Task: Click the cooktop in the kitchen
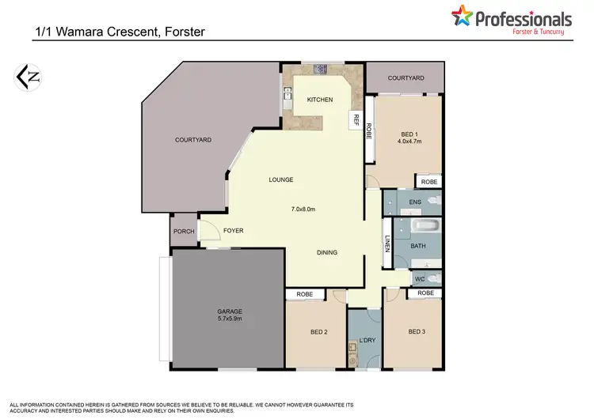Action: pyautogui.click(x=322, y=70)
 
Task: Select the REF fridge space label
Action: pyautogui.click(x=356, y=120)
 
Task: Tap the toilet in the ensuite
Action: pyautogui.click(x=432, y=202)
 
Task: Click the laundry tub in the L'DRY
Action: pyautogui.click(x=352, y=348)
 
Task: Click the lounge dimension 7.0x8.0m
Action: pyautogui.click(x=303, y=209)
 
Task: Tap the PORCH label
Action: pyautogui.click(x=184, y=232)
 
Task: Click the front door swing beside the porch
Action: pyautogui.click(x=209, y=231)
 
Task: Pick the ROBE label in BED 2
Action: pyautogui.click(x=304, y=294)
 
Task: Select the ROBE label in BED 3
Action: pyautogui.click(x=425, y=293)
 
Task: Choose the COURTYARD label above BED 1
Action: pyautogui.click(x=406, y=78)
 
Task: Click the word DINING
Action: pyautogui.click(x=326, y=253)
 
